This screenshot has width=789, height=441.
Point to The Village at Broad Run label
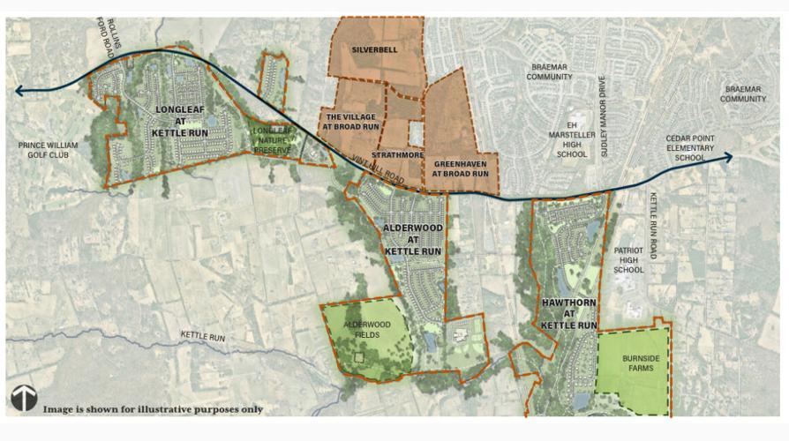pyautogui.click(x=350, y=121)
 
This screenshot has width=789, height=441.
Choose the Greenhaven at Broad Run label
pyautogui.click(x=461, y=168)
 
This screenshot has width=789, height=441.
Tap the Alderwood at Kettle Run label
pyautogui.click(x=412, y=239)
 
